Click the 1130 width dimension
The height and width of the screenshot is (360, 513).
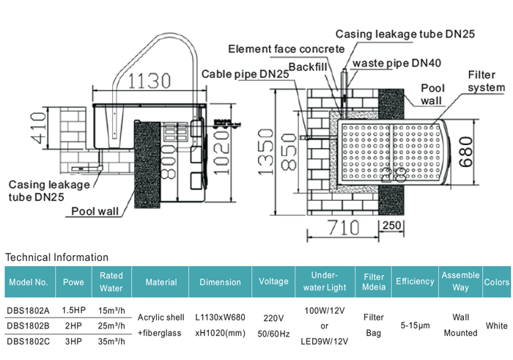click(150, 80)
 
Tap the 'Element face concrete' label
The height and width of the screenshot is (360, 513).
click(286, 49)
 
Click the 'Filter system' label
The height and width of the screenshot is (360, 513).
click(486, 81)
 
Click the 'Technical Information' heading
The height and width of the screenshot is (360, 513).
click(56, 257)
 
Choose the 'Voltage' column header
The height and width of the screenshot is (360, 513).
click(274, 282)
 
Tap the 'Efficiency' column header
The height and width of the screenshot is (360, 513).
click(415, 282)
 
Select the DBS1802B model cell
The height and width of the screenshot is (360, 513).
click(29, 325)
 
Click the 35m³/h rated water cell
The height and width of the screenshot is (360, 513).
click(111, 341)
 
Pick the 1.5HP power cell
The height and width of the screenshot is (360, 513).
click(73, 309)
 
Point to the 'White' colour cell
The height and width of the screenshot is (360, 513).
click(497, 325)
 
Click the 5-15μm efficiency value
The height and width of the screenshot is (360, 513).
click(415, 325)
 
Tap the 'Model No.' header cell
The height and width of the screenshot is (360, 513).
click(29, 282)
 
